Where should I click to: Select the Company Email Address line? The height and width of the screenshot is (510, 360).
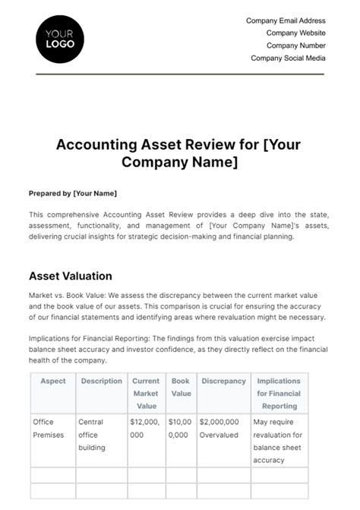coord(286,21)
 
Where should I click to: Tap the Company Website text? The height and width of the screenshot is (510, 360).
coord(295,33)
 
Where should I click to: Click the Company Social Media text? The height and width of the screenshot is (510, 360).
coord(288,58)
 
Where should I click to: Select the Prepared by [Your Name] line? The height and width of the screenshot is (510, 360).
coord(73,194)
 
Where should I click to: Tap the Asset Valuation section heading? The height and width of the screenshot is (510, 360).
coord(70,276)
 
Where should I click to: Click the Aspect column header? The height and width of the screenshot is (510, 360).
coord(52,381)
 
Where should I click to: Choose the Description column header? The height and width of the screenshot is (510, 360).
coord(101,381)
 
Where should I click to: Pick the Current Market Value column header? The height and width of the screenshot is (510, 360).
coord(146,393)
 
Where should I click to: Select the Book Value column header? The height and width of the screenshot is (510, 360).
coord(181,387)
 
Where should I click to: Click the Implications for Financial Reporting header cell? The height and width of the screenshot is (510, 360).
coord(278,393)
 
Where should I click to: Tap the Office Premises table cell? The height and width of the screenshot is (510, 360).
coord(50,428)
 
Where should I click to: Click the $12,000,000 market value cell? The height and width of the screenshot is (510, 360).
coord(145,428)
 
